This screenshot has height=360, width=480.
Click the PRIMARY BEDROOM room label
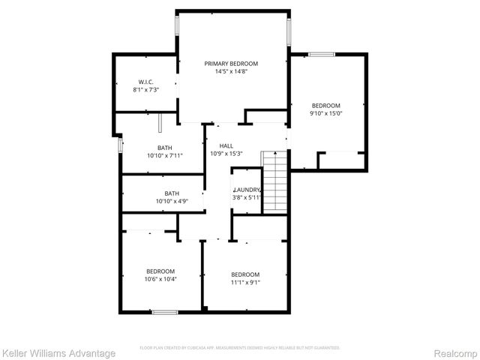coord(231,64)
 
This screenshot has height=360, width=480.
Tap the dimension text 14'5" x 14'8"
coord(231,72)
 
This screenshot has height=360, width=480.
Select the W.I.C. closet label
coord(145,82)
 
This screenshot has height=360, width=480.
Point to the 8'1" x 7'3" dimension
coord(145,90)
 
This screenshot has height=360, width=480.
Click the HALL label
coord(226,145)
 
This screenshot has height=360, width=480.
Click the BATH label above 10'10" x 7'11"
coord(164,148)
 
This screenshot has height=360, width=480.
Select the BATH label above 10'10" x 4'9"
coord(172,193)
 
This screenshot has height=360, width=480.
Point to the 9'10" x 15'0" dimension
coord(326,114)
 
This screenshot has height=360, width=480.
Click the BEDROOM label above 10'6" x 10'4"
coord(160,271)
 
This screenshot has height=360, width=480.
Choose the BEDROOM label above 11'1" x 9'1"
coord(245,274)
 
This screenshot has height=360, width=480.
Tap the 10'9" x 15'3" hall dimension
coord(226,154)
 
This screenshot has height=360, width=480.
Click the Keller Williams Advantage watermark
coord(58,353)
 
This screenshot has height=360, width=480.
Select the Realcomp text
coord(456,353)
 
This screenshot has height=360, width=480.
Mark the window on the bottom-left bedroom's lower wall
coord(165,312)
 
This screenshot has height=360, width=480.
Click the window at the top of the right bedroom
coord(322,54)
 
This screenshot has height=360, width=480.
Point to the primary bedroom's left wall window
coord(178,25)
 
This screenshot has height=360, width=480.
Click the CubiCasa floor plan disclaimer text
coord(240,348)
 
